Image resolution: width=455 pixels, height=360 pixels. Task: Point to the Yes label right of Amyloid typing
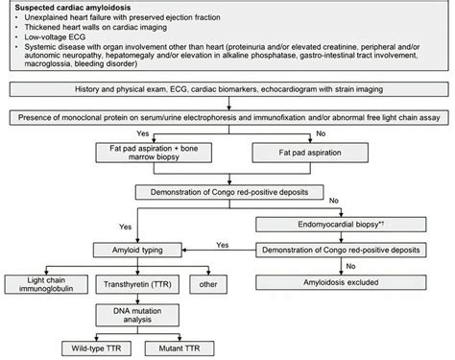click(222, 244)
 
